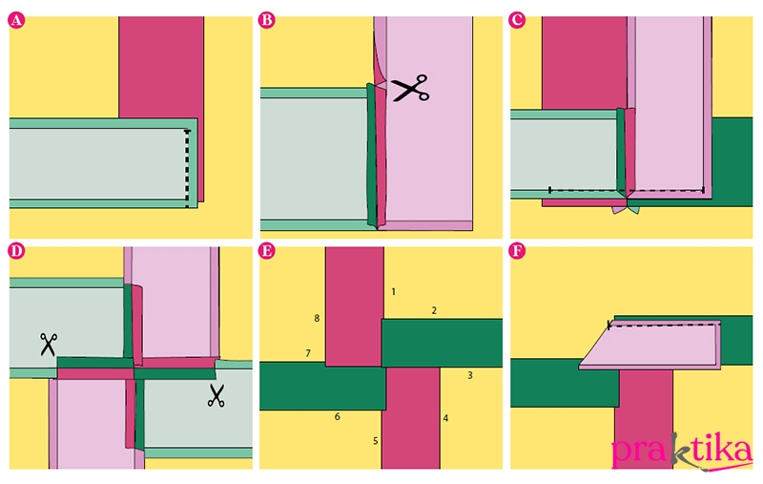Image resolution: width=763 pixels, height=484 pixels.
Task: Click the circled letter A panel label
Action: click(16, 20)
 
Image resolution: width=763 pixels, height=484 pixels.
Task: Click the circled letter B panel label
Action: click(267, 20)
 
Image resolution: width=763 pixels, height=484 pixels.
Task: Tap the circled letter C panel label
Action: click(517, 20)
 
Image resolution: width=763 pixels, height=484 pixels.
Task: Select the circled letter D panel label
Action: click(16, 251)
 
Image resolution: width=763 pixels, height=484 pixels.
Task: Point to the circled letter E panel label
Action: click(267, 251)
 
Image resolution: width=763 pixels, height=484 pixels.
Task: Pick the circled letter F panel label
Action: click(517, 251)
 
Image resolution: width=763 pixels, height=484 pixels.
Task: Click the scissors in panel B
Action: click(410, 88)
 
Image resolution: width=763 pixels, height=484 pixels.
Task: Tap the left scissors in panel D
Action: click(49, 345)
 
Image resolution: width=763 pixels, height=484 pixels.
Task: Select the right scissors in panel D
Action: click(217, 395)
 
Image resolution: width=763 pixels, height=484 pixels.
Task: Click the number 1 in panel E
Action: click(394, 292)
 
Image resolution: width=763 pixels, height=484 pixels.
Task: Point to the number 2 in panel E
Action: click(434, 310)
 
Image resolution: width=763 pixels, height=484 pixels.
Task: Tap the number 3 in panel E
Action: click(470, 375)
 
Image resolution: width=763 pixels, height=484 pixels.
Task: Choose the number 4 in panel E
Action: click(445, 418)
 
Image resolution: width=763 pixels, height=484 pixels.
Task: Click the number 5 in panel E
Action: click(376, 441)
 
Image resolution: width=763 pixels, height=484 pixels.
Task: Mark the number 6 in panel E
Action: click(338, 417)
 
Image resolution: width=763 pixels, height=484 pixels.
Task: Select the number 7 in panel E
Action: click(308, 353)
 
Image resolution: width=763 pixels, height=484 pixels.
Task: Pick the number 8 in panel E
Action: click(317, 319)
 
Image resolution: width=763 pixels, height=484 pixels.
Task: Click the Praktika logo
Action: click(682, 452)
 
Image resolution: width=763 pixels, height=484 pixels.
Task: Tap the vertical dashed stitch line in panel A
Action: click(187, 168)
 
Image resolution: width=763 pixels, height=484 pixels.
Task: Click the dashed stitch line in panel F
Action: click(664, 325)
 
